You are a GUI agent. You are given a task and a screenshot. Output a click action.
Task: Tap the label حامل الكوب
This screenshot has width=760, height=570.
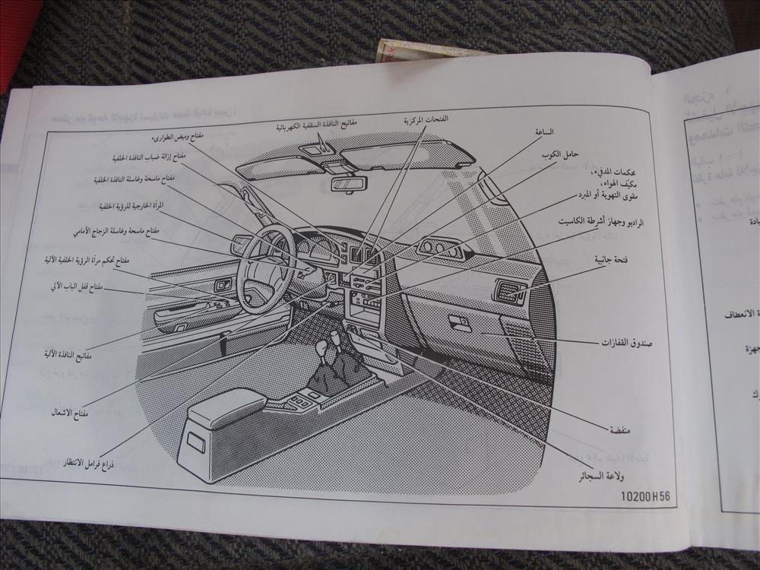[x=565, y=154]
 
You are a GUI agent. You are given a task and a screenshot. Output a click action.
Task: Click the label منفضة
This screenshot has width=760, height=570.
[x=620, y=429]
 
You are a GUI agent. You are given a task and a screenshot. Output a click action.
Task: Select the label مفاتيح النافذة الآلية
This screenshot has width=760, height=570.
[x=68, y=354]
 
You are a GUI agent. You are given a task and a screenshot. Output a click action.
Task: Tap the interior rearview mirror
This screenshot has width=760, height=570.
[x=349, y=184]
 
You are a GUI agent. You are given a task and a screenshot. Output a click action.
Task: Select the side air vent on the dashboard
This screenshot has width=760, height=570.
[x=509, y=292]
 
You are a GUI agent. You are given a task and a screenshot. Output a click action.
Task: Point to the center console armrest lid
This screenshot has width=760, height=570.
[x=226, y=408]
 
